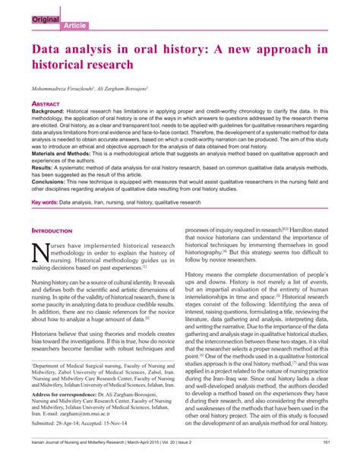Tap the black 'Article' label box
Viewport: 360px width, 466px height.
click(x=54, y=25)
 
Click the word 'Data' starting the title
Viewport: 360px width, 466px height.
click(x=49, y=49)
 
